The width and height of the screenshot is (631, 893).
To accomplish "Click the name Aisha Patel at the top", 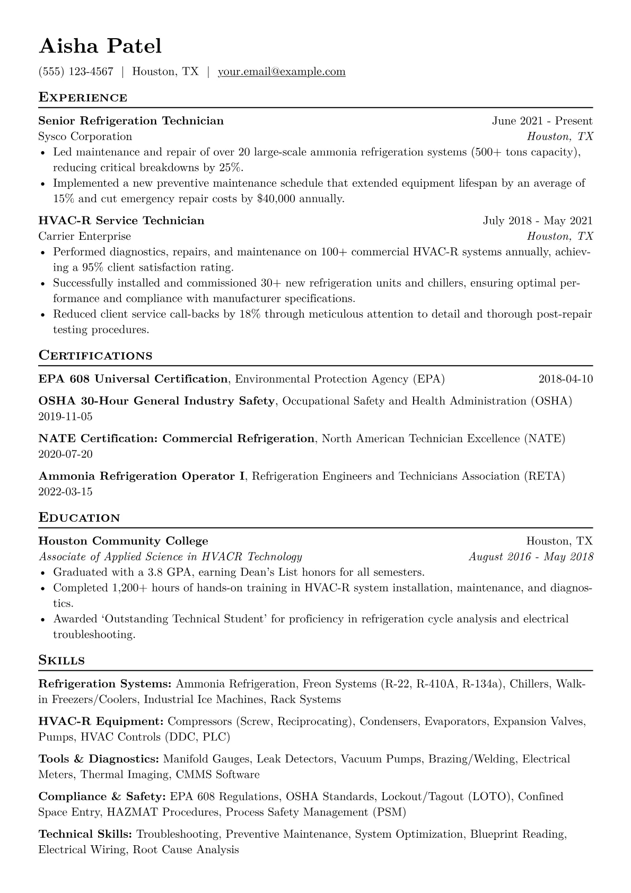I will click(x=100, y=46).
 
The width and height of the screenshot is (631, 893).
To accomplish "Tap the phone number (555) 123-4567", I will click(x=76, y=72).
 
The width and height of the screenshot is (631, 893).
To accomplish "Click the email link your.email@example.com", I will click(x=282, y=72).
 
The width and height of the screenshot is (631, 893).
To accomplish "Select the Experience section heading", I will click(x=83, y=98).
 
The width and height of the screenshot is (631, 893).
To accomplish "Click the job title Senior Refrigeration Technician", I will click(x=131, y=121).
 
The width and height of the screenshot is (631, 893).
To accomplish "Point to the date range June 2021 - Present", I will click(x=542, y=121).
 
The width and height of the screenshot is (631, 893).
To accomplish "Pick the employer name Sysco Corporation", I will click(x=85, y=136).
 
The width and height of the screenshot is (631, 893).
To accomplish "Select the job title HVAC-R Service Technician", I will click(x=121, y=221).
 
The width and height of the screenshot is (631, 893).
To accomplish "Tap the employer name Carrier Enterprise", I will click(x=84, y=236).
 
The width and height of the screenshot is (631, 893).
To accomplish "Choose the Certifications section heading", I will click(x=95, y=356).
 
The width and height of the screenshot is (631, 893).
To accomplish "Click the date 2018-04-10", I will click(x=565, y=379).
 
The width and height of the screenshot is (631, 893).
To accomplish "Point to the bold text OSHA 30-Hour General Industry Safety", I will click(x=156, y=401).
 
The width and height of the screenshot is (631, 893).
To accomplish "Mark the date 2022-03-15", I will click(x=65, y=492).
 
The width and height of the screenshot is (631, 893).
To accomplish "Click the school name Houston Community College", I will click(x=123, y=541).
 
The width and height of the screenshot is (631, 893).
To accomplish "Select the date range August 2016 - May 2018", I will click(x=531, y=557).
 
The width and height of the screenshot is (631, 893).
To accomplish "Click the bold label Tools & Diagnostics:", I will click(x=99, y=759).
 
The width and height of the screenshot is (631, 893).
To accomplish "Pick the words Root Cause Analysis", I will click(x=186, y=850).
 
